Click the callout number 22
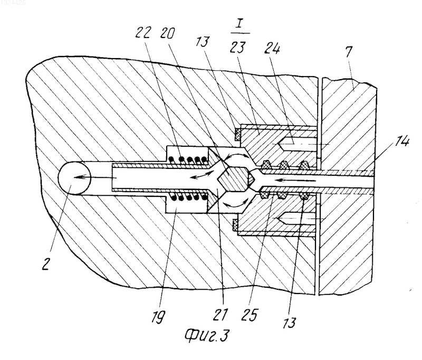tap(142, 33)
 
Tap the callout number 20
tap(167, 33)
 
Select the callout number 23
tap(237, 47)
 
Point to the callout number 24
tap(272, 49)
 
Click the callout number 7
tap(349, 52)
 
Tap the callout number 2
tap(46, 262)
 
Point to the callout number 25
tap(250, 315)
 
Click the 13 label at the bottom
tap(289, 322)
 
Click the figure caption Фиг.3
tap(207, 336)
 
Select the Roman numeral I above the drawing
tap(239, 25)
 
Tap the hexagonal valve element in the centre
tap(233, 178)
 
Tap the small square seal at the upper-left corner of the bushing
tap(237, 134)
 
